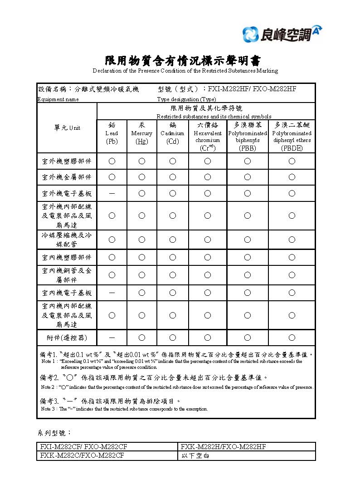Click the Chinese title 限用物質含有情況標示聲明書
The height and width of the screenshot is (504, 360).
click(183, 61)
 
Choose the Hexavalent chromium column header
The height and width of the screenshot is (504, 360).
click(207, 136)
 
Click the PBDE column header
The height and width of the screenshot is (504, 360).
click(292, 136)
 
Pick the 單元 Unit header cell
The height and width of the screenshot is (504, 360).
click(67, 128)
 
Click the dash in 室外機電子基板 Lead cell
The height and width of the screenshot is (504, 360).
click(112, 193)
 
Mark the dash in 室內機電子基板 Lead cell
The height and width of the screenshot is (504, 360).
click(112, 293)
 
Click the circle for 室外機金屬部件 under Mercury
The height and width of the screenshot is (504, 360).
click(141, 177)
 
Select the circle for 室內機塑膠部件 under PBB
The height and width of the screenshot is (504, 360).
click(247, 257)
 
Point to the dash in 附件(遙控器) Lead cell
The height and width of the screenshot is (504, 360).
click(112, 338)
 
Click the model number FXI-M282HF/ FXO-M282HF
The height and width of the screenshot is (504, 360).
click(252, 89)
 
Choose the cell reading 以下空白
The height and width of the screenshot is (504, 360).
click(195, 455)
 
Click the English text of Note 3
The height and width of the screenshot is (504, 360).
click(124, 409)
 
